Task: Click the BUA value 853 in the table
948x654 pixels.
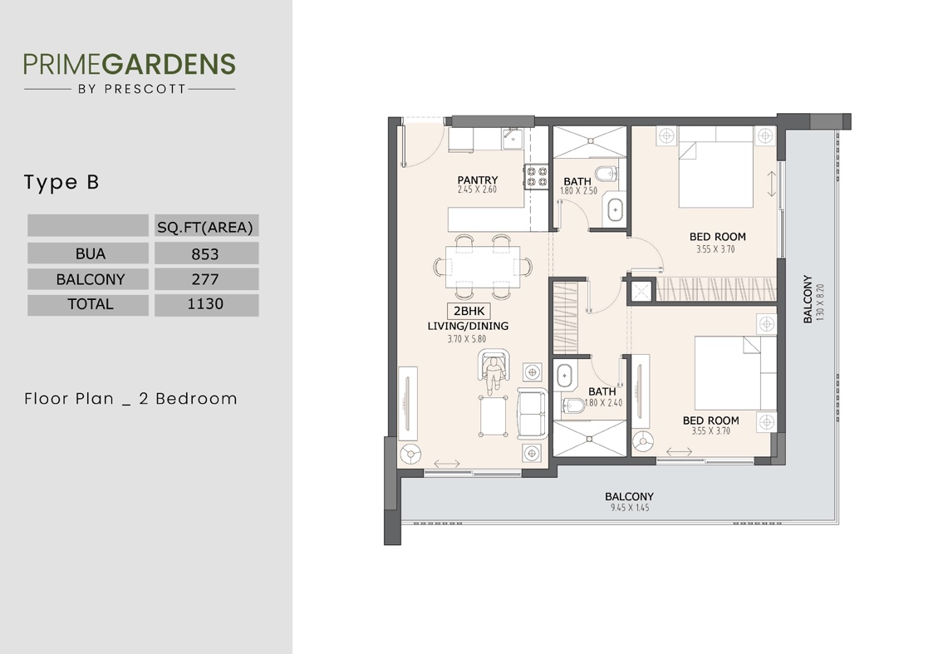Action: pos(205,253)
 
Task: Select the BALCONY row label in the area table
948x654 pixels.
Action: pos(90,279)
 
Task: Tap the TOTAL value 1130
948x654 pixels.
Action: pos(205,304)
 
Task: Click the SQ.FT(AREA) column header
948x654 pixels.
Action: pos(205,226)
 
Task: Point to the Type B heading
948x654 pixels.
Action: pos(61,183)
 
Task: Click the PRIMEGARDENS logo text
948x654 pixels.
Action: pos(129,64)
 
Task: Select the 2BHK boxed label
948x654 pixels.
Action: pos(469,312)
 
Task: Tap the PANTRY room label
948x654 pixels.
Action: pos(478,180)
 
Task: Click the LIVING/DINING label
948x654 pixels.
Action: pos(468,327)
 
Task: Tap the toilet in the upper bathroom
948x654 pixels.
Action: pos(607,174)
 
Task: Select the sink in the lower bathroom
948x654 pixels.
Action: pos(565,376)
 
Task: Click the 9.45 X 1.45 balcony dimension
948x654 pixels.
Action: pos(629,507)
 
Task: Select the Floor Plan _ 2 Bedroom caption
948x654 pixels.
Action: pos(130,399)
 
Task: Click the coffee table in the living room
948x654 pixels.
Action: pos(494,413)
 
